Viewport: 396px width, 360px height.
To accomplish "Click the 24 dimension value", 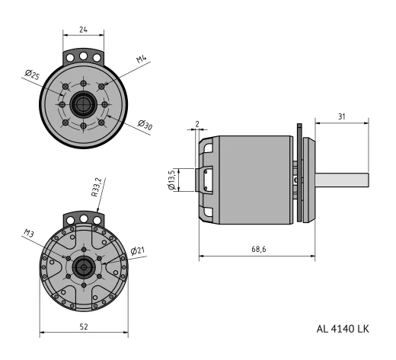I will pyautogui.click(x=83, y=30).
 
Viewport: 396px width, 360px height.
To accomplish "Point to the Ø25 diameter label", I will pyautogui.click(x=32, y=75).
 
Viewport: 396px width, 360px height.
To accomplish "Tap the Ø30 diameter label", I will pyautogui.click(x=145, y=124).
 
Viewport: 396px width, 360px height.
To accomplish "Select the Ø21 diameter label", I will pyautogui.click(x=138, y=250).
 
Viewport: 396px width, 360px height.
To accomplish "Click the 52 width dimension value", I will pyautogui.click(x=85, y=325).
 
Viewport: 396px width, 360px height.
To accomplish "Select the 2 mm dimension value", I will pyautogui.click(x=196, y=123).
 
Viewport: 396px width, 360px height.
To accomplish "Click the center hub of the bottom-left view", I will pyautogui.click(x=83, y=267).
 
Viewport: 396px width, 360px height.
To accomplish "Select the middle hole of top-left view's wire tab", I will pyautogui.click(x=83, y=56).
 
